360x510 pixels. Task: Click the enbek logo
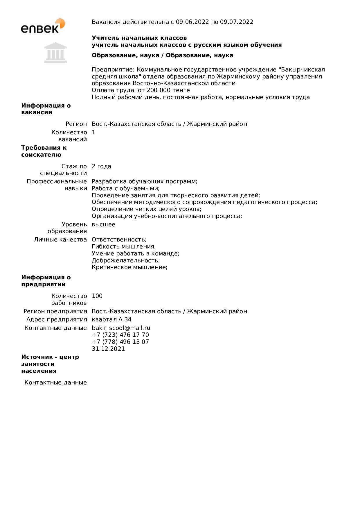click(x=43, y=26)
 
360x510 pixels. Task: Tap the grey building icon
click(x=55, y=53)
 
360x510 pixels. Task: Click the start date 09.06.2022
click(x=192, y=22)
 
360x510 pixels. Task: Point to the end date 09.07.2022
click(x=237, y=22)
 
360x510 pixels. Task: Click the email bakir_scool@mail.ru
click(x=121, y=328)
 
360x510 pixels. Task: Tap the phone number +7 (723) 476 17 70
click(x=120, y=335)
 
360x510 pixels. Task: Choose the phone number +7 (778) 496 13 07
click(x=120, y=342)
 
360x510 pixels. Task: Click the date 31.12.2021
click(x=108, y=349)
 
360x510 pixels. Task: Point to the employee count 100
click(x=97, y=296)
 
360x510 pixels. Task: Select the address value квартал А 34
click(x=112, y=319)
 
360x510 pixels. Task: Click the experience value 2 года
click(x=102, y=166)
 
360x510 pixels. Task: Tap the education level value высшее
click(x=104, y=224)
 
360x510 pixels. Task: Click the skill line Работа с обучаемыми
click(x=126, y=188)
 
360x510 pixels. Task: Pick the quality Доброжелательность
click(x=126, y=260)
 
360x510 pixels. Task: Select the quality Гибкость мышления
click(x=124, y=246)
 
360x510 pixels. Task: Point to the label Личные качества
click(x=60, y=239)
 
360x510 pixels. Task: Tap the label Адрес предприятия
click(x=57, y=319)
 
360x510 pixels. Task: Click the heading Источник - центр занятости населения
click(x=50, y=364)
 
